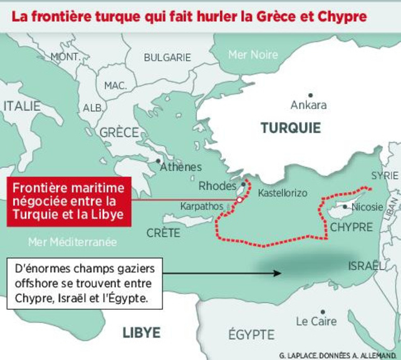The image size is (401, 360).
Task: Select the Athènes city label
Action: coord(180,167)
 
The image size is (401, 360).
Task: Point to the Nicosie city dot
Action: coord(345,207)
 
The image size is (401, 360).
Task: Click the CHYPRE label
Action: coord(351,227)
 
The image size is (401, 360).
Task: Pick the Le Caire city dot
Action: coord(322,311)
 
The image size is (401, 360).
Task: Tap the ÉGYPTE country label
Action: coord(251,334)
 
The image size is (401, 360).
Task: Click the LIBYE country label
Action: coord(141,332)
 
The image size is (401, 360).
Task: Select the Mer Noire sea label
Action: coord(253,54)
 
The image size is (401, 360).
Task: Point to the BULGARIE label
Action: coord(167,57)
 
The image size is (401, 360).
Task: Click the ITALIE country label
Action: coord(22,106)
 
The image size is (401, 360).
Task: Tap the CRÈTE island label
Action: coord(163,232)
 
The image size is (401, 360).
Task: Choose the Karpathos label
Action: coord(202,205)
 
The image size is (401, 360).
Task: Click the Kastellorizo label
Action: coord(283,193)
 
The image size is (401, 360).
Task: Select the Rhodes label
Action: coord(217,186)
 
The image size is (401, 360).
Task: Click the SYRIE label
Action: coord(384,175)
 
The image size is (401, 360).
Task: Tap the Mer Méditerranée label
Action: coord(72,241)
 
